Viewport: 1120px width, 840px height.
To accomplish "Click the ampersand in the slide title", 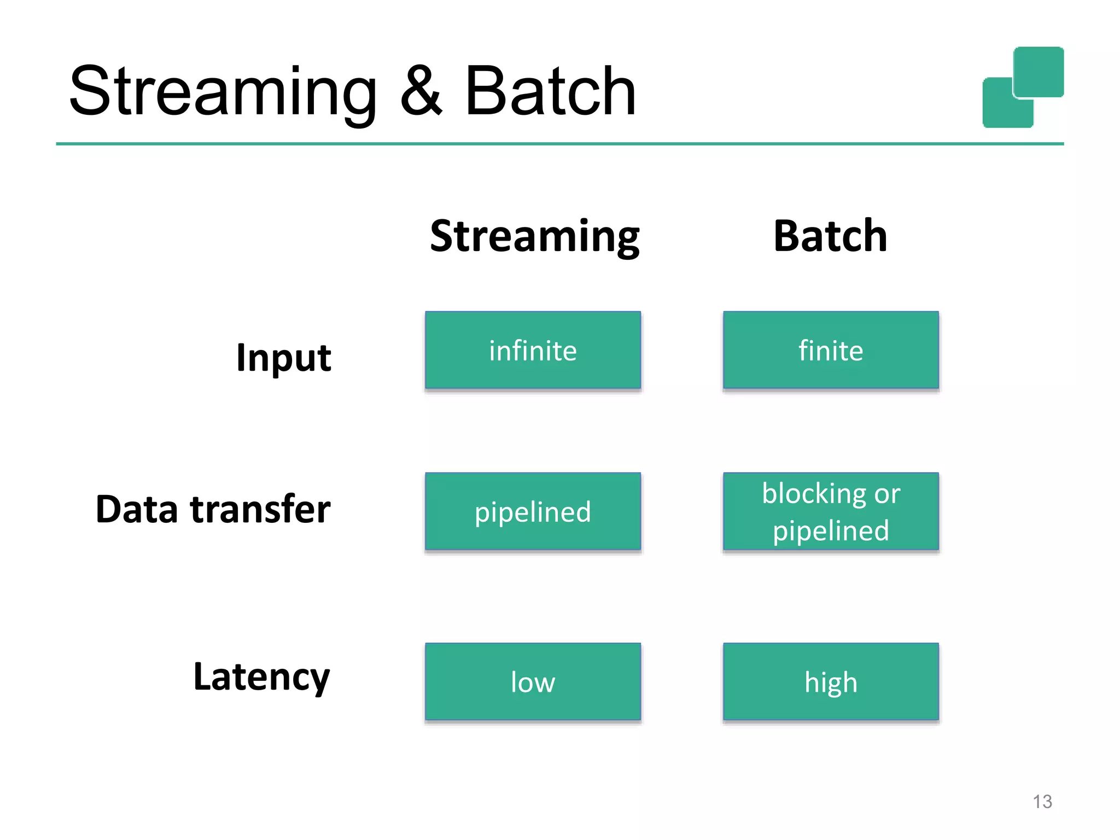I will click(x=420, y=92).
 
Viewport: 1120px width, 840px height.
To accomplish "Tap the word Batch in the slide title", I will click(x=550, y=92).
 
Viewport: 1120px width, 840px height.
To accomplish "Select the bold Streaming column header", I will click(x=534, y=236).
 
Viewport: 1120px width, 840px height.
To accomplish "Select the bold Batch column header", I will click(x=830, y=236).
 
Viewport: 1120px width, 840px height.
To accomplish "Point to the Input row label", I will click(x=283, y=358).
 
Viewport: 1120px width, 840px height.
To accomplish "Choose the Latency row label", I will click(x=261, y=677).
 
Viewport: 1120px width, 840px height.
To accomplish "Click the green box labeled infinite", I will click(x=533, y=350).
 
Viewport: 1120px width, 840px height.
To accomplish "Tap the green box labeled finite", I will click(x=830, y=350).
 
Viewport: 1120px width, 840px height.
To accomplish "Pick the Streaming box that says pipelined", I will click(x=533, y=511).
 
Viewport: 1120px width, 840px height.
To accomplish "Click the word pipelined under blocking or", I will click(x=830, y=530).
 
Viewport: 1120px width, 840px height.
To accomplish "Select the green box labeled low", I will click(x=533, y=681).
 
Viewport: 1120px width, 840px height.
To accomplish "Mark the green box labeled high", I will click(x=830, y=681).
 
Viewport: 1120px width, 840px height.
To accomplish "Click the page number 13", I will click(x=1042, y=802).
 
